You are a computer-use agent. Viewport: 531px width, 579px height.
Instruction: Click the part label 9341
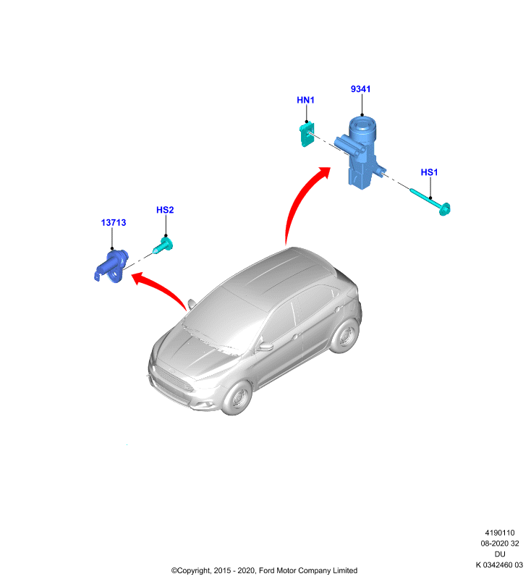coord(360,89)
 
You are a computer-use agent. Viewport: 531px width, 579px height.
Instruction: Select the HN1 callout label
coord(305,100)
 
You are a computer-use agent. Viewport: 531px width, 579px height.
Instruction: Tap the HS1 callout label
coord(429,172)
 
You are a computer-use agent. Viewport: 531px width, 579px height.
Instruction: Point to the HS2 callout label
coord(165,210)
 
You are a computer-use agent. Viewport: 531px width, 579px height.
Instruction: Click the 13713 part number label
coord(114,223)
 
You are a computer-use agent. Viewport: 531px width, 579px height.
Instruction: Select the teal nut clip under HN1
coord(306,135)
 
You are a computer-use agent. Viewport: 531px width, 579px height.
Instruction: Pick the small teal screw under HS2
coord(163,245)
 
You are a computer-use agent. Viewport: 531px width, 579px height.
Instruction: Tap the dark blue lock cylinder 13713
coord(111,266)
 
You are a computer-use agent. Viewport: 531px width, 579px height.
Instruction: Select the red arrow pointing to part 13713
coord(158,286)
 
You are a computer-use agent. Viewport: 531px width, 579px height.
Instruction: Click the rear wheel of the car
coord(345,336)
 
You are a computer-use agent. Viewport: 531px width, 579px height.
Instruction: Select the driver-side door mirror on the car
coord(265,347)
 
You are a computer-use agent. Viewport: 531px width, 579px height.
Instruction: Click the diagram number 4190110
coord(500,533)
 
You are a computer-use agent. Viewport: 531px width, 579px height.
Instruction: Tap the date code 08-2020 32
coord(500,544)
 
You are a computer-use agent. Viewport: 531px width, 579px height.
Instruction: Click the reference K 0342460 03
coord(499,565)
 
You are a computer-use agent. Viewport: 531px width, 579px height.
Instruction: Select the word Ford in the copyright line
coord(266,570)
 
